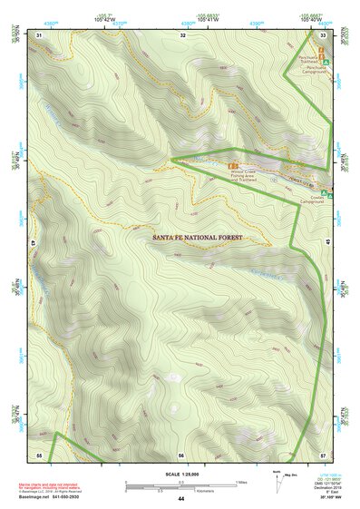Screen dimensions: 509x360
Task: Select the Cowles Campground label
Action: point(310,201)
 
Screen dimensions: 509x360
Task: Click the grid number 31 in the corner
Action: point(39,34)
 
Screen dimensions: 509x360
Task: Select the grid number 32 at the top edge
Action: point(182,34)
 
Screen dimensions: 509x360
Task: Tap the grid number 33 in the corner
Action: point(324,34)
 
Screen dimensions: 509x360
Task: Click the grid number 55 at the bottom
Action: point(39,455)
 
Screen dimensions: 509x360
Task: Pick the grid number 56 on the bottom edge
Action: point(180,455)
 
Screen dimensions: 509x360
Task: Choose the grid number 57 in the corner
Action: point(323,455)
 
